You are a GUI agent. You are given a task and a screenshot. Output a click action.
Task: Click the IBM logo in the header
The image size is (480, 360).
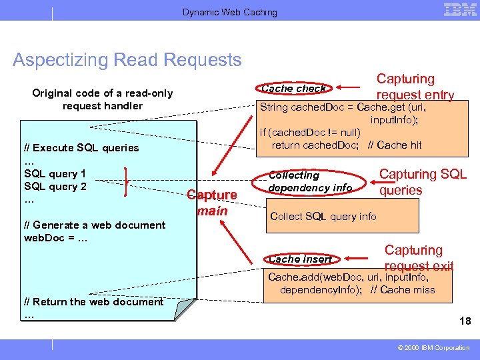[x=460, y=10]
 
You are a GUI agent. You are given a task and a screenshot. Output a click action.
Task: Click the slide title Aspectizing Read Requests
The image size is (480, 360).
[x=127, y=60]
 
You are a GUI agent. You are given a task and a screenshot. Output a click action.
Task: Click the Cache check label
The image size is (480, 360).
[x=293, y=88]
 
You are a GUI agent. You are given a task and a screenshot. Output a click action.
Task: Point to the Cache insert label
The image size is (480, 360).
[x=299, y=259]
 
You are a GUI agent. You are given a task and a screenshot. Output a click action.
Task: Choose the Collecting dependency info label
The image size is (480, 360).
[x=310, y=181]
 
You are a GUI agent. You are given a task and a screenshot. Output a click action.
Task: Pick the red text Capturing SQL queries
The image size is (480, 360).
[x=423, y=182]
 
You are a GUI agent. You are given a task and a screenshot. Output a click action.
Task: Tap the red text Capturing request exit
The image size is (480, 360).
[x=418, y=258]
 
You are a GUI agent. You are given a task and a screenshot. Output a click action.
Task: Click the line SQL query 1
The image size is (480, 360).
[x=55, y=173]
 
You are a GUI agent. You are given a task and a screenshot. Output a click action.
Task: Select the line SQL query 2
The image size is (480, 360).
[x=55, y=186]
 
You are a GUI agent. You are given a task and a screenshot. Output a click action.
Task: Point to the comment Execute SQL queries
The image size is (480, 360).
[x=81, y=147]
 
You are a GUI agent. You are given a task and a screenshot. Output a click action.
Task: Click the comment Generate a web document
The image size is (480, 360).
[x=94, y=225]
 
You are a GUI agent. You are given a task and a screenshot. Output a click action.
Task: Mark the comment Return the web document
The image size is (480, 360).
[x=93, y=301]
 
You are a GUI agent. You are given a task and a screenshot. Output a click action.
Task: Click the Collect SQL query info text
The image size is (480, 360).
[x=323, y=216]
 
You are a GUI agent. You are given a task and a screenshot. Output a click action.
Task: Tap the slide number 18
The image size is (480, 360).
[x=465, y=321]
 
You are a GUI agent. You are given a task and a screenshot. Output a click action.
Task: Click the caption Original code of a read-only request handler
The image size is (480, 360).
[x=102, y=99]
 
